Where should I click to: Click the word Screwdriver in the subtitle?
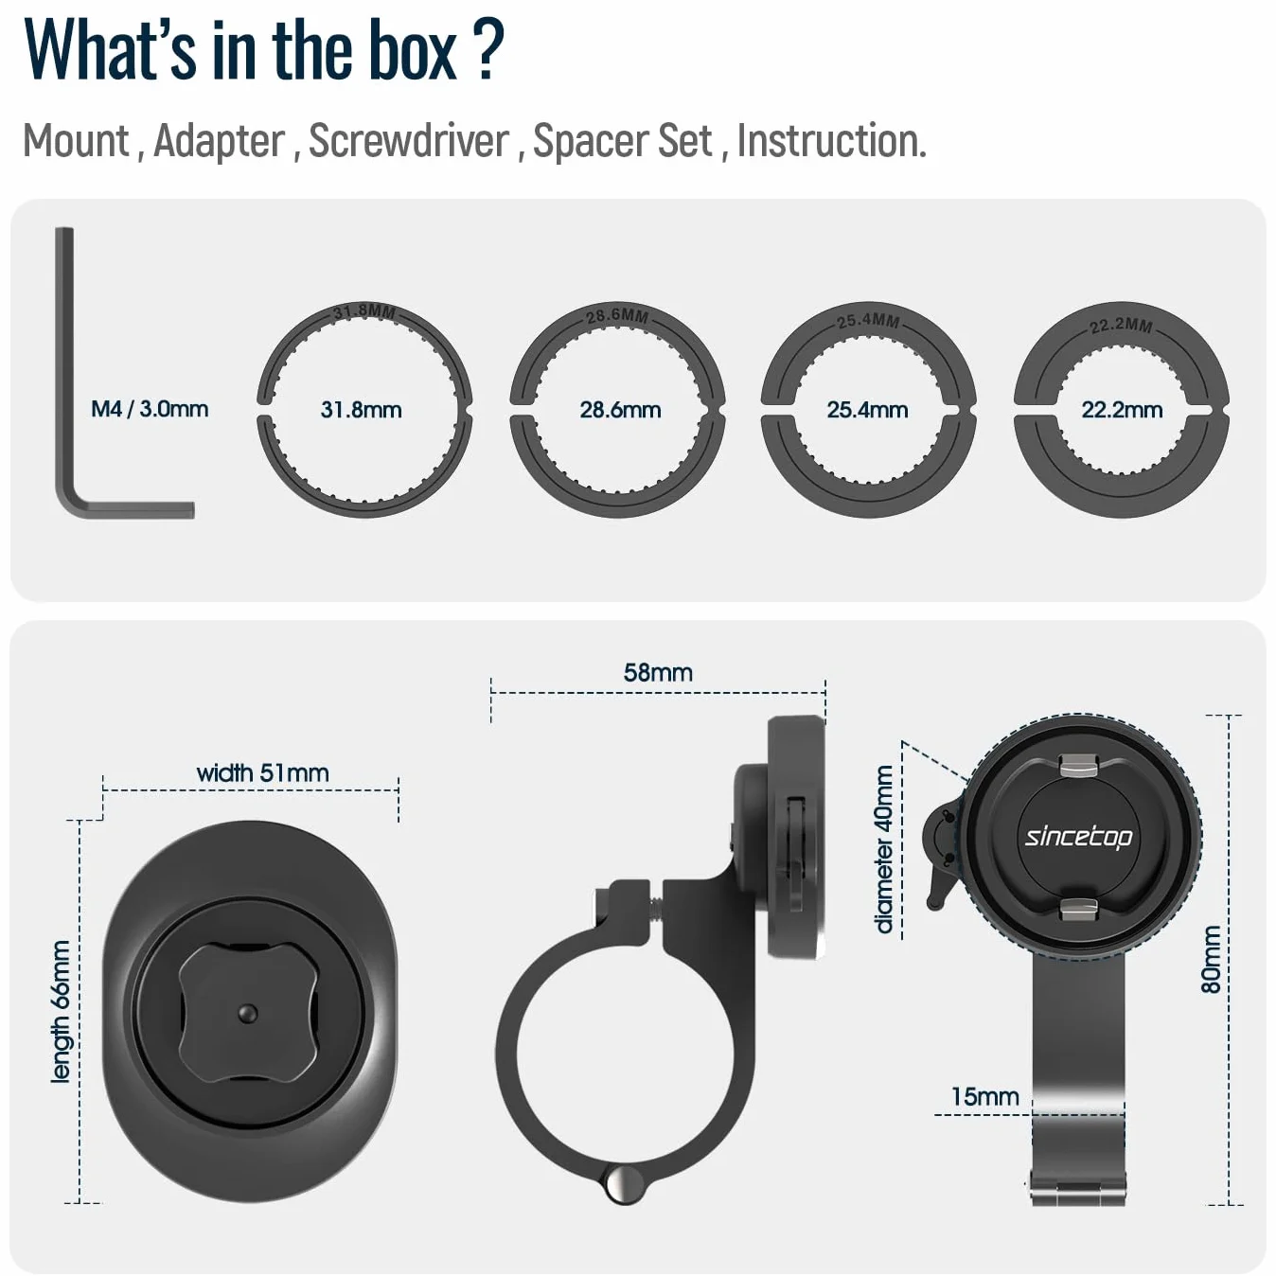tap(409, 141)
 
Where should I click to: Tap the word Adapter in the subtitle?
tap(220, 141)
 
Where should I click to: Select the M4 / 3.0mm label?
tap(150, 409)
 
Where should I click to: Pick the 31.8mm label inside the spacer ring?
tap(361, 410)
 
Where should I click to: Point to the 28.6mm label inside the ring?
tap(620, 410)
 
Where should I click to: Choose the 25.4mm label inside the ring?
tap(867, 410)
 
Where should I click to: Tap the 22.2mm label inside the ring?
tap(1122, 410)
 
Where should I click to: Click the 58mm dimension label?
tap(658, 673)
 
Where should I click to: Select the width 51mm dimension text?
tap(263, 772)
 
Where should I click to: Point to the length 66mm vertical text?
tap(61, 1012)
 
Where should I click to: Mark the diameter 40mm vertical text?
tap(884, 850)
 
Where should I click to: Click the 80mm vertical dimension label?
tap(1211, 960)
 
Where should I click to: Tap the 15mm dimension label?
tap(985, 1096)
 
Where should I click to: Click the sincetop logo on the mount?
tap(1078, 837)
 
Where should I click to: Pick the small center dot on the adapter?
tap(248, 1013)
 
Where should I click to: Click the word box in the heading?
tap(412, 52)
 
